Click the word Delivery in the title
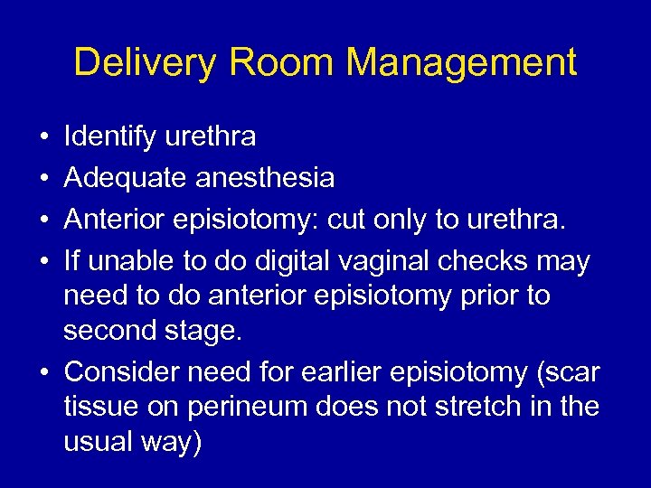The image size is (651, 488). [146, 63]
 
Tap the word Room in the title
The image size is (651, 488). [281, 63]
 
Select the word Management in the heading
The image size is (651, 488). [461, 63]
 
